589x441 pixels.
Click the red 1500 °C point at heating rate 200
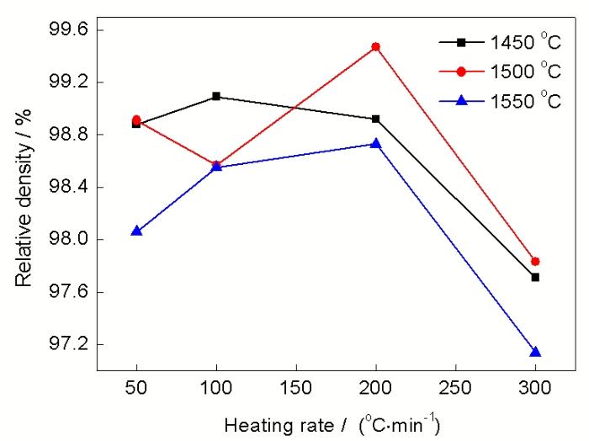(x=376, y=46)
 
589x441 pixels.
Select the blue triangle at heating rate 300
(x=535, y=352)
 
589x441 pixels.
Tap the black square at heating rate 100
(x=216, y=96)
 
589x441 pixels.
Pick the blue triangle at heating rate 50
(x=136, y=231)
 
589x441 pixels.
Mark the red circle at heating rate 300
(x=535, y=262)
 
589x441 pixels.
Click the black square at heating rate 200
(x=376, y=119)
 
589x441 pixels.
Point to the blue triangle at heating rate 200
(x=376, y=144)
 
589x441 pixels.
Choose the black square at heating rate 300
(x=535, y=277)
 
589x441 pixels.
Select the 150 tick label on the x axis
(x=296, y=390)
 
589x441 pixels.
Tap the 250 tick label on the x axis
(x=455, y=390)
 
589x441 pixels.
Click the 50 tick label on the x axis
(x=136, y=390)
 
